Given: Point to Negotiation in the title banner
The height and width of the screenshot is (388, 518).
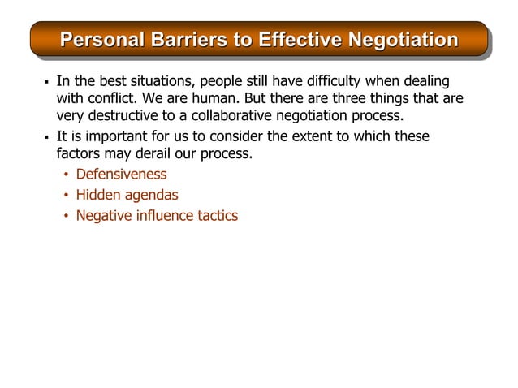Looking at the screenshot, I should [x=403, y=40].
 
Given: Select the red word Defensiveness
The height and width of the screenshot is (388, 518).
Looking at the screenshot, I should [x=121, y=174].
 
